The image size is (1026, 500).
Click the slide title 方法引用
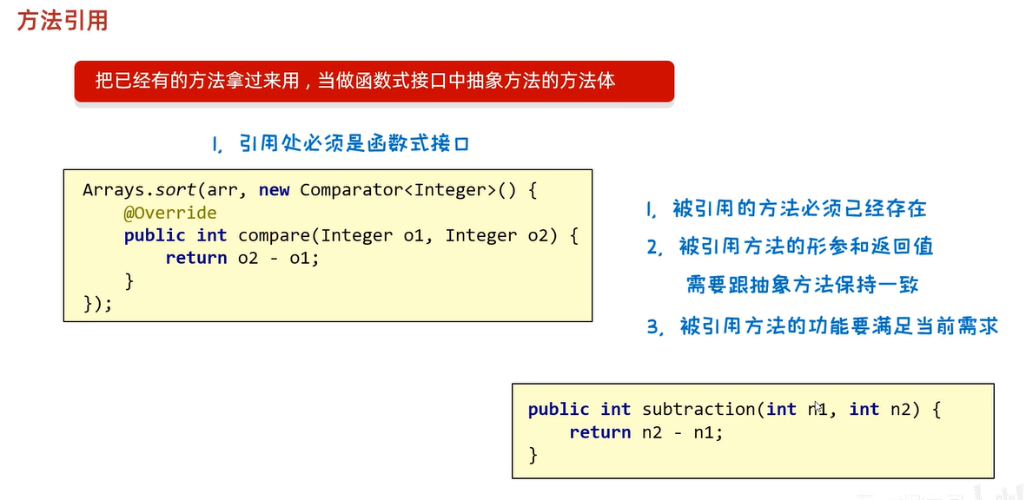click(63, 20)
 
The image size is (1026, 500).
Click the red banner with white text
click(374, 82)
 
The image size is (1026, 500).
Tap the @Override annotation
click(169, 213)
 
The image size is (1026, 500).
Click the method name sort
click(173, 189)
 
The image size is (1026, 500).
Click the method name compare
click(275, 235)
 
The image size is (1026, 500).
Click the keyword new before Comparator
click(275, 189)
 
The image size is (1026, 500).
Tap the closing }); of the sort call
click(97, 304)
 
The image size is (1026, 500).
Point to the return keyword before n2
click(599, 432)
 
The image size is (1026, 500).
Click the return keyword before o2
click(195, 259)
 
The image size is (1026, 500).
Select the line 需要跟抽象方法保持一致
click(802, 285)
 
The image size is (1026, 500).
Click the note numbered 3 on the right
click(822, 326)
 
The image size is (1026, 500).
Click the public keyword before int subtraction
click(559, 409)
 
